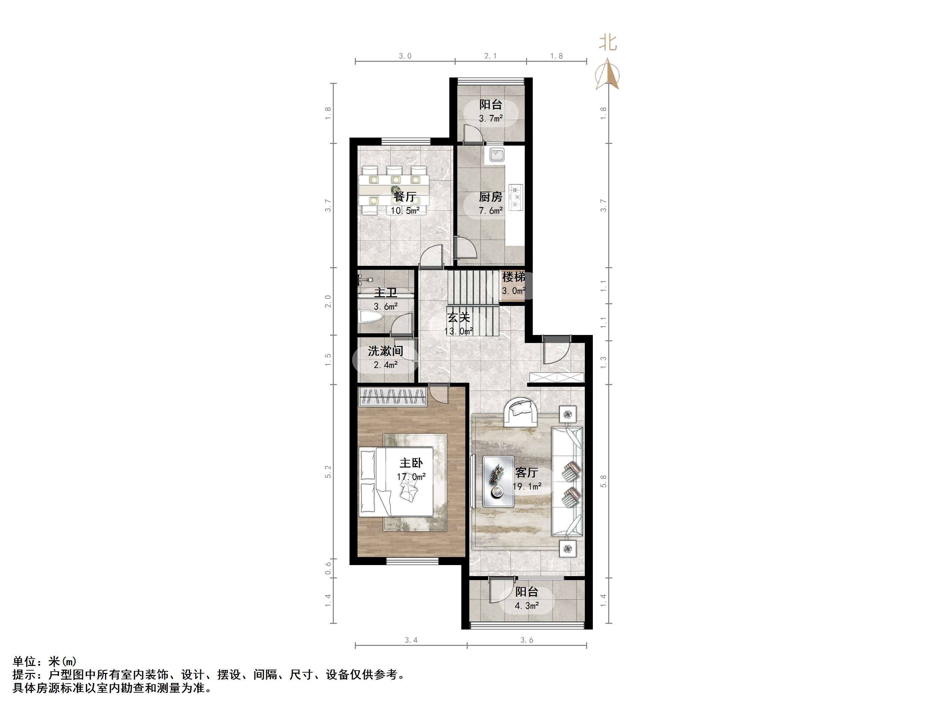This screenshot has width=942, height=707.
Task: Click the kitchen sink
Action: coord(496,154)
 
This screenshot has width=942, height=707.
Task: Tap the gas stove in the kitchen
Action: coord(516,197)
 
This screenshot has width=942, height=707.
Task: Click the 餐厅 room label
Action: coord(405,197)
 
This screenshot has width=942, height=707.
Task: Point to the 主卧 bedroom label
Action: coord(411,463)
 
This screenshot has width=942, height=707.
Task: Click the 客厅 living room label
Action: coord(526,473)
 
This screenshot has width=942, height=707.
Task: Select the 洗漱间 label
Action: coord(386,351)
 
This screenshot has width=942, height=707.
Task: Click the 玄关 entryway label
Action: coord(458,318)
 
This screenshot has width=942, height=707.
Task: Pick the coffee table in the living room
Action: coord(498,481)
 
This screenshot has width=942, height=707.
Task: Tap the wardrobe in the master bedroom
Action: coord(392,397)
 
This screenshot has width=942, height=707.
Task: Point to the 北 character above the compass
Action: coord(608,43)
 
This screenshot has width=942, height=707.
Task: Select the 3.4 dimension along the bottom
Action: coord(411,640)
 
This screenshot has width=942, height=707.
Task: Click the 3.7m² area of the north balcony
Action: coord(491,119)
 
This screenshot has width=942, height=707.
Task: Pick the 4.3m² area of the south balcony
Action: coord(527,605)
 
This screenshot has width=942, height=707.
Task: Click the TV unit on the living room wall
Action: coord(473,482)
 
